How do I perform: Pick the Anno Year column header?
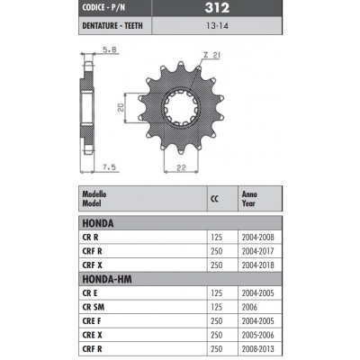coord(251,198)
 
